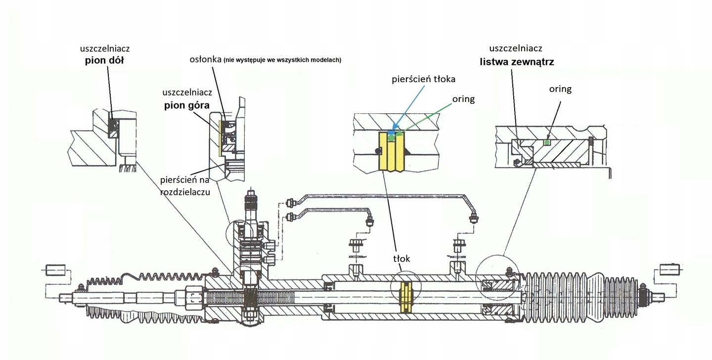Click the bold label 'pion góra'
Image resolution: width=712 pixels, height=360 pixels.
point(188,105)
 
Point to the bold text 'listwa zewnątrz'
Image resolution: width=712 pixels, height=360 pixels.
point(516,63)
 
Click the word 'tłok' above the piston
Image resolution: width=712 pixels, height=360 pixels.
point(402,258)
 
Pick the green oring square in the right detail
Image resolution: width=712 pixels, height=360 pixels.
point(546,142)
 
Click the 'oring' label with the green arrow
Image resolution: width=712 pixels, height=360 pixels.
point(463,99)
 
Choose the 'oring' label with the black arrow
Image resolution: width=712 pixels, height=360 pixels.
point(560,89)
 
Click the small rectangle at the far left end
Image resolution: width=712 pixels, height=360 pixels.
point(55,271)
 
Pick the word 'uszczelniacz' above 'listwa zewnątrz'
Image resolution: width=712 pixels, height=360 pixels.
point(516,48)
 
